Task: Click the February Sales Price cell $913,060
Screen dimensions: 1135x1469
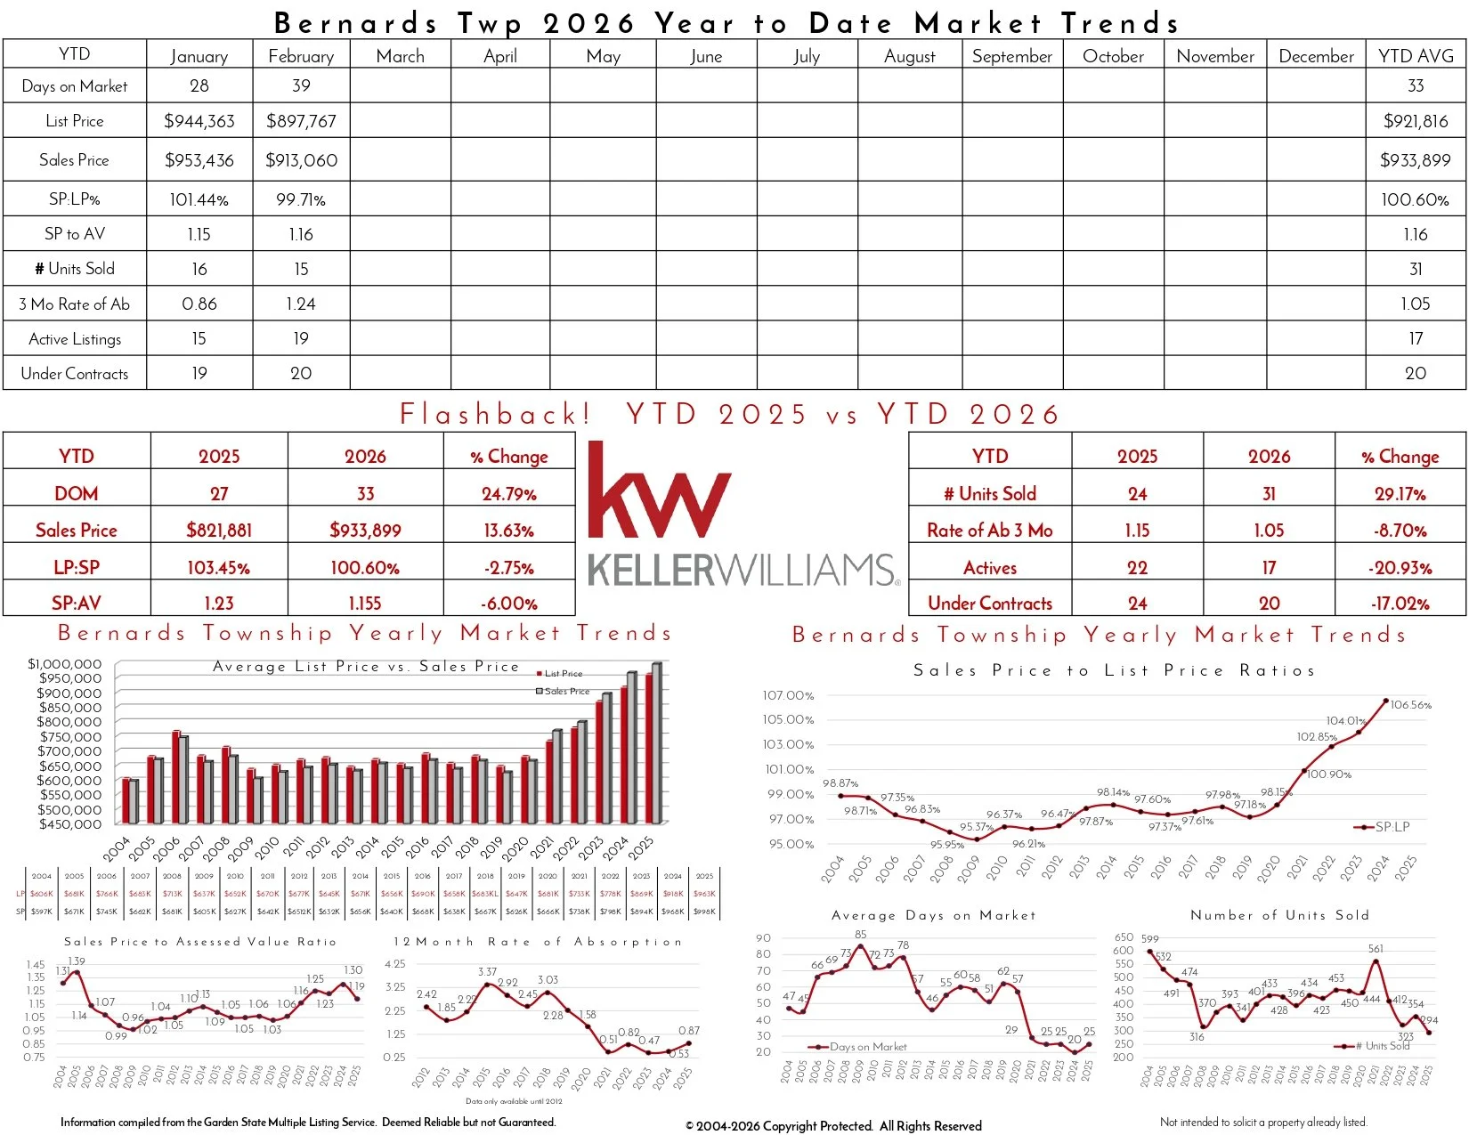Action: pos(301,160)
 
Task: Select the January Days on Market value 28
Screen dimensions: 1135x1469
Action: pos(199,85)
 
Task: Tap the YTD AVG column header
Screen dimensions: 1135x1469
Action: pos(1416,55)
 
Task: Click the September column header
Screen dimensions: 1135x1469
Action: pos(1012,56)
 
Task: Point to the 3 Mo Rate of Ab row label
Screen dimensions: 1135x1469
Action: pos(75,304)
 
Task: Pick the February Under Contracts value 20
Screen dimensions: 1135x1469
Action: pos(301,373)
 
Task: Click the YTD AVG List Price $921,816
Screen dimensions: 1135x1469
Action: pos(1416,121)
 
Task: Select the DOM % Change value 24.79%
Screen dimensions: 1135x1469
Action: pos(509,493)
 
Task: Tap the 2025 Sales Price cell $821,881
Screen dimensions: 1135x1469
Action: pos(219,531)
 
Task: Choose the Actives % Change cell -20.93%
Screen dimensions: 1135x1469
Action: pos(1401,568)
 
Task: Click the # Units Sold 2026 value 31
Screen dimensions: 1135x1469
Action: pos(1269,493)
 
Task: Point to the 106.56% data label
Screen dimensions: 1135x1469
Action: pos(1411,705)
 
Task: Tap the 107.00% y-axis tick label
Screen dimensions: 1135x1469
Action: pos(788,695)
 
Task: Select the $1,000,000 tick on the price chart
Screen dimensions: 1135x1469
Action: pos(65,664)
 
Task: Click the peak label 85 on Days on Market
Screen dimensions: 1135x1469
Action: pos(860,935)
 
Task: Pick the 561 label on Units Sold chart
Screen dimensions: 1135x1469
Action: pos(1376,949)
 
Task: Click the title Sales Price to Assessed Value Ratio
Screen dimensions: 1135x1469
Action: pos(200,941)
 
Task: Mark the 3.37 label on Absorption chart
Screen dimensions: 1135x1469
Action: pos(487,972)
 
